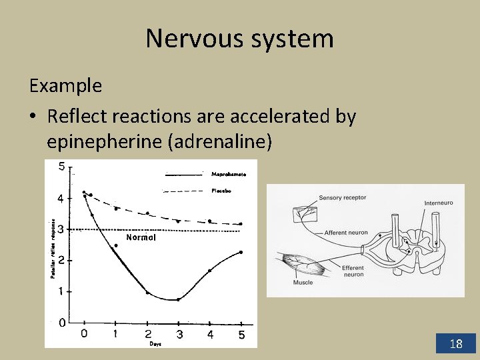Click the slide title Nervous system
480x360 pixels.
[x=239, y=39]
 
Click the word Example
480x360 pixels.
[x=65, y=86]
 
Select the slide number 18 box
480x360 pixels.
[x=456, y=344]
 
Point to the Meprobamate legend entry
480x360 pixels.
[x=229, y=174]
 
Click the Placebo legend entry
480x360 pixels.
[x=221, y=191]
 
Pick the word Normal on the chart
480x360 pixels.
[x=141, y=237]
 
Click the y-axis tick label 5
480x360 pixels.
[x=61, y=167]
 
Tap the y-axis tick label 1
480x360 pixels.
[x=61, y=291]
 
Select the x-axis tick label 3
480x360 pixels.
[x=179, y=335]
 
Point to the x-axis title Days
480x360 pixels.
[x=155, y=344]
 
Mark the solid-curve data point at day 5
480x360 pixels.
[x=241, y=252]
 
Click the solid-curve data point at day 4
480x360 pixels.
[x=209, y=271]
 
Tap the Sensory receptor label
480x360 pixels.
[x=342, y=198]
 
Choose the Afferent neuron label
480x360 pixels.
[x=346, y=233]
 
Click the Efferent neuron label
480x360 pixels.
[x=353, y=271]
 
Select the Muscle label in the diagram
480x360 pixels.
[x=303, y=283]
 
